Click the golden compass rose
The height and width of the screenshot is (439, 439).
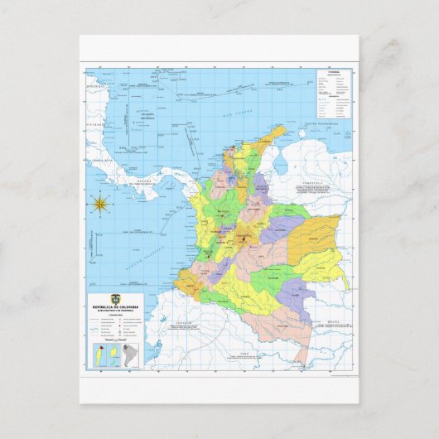click(x=100, y=203)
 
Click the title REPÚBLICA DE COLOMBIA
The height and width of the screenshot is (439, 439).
click(x=116, y=307)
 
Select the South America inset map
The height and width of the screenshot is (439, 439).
click(x=131, y=353)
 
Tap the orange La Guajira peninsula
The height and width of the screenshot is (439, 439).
click(x=273, y=132)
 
